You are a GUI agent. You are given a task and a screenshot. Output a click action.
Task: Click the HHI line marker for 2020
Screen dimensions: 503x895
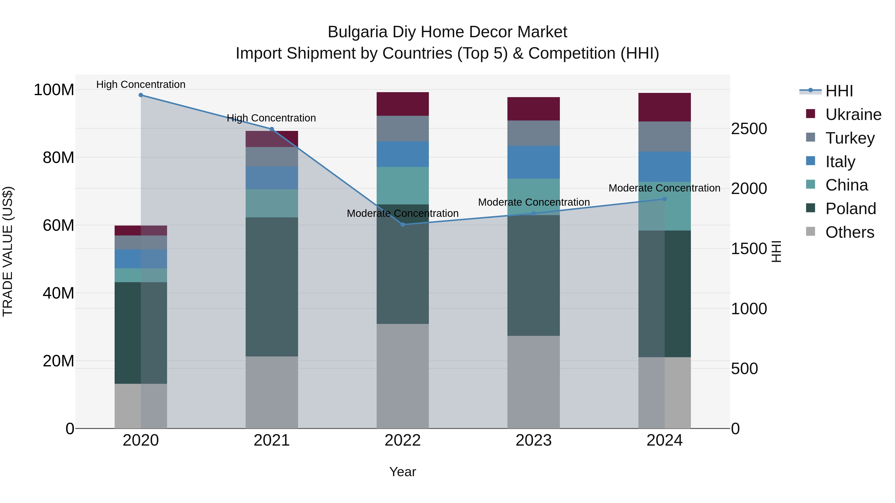141,95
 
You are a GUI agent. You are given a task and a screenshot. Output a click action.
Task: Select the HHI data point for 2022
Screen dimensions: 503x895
403,225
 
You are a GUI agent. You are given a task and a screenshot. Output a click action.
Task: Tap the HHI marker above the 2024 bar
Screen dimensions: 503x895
665,199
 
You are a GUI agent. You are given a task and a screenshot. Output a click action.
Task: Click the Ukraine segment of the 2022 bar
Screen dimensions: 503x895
403,104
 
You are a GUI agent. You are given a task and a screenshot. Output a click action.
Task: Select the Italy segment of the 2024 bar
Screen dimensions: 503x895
664,167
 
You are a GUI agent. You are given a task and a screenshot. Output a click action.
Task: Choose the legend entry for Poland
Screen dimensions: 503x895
850,209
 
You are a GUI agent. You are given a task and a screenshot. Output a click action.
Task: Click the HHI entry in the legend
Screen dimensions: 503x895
839,91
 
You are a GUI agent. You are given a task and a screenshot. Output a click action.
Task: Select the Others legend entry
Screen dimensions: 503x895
850,232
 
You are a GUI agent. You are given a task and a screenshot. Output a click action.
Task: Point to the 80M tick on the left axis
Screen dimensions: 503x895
58,157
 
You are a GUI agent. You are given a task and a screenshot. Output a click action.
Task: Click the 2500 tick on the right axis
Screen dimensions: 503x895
749,129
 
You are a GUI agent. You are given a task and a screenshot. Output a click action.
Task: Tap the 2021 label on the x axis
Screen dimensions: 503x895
272,440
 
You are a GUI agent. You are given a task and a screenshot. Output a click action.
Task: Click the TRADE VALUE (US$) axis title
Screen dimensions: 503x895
8,251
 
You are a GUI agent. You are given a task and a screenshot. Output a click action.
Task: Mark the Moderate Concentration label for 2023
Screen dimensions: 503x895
534,202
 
